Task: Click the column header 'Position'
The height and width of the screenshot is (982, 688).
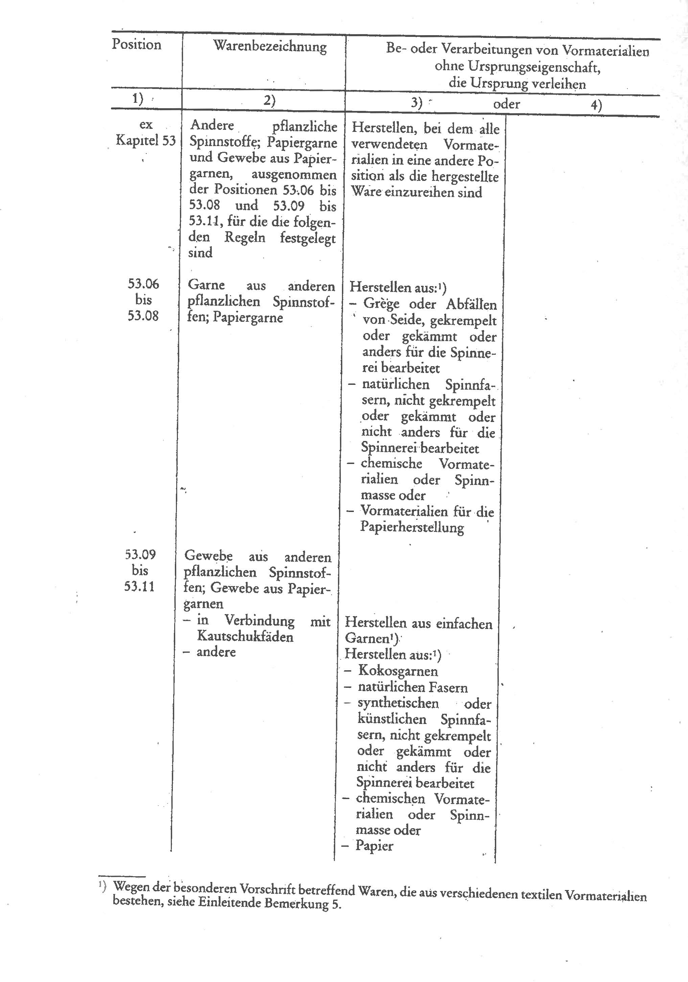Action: pyautogui.click(x=137, y=45)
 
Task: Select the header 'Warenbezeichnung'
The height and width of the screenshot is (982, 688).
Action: pyautogui.click(x=270, y=47)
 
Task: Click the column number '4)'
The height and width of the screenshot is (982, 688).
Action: pyautogui.click(x=596, y=105)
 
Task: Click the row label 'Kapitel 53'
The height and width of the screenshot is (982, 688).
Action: pyautogui.click(x=145, y=140)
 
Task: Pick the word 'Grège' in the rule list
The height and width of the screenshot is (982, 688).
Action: pyautogui.click(x=381, y=304)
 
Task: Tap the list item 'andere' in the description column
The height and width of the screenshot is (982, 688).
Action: pyautogui.click(x=216, y=652)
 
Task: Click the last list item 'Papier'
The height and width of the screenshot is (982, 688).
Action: pyautogui.click(x=374, y=846)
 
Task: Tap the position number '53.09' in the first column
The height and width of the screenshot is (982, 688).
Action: pyautogui.click(x=140, y=555)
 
